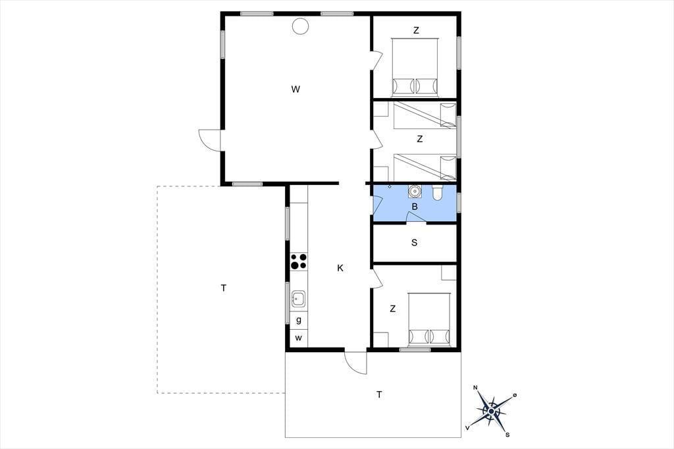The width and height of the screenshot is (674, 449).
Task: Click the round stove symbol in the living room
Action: [300, 26]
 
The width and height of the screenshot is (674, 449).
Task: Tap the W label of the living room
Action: [296, 90]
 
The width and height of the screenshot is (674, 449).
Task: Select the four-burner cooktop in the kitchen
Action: [299, 261]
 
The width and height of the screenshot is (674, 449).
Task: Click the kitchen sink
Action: [299, 298]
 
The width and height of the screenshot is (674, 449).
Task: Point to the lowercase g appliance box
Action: [299, 321]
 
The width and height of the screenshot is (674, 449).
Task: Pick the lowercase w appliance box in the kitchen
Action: [299, 338]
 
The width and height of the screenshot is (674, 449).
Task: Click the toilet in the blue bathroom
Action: [437, 193]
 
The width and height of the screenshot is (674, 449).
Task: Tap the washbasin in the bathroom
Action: [415, 190]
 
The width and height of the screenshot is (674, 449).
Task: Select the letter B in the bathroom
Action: [415, 207]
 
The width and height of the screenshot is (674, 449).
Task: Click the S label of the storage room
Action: [415, 242]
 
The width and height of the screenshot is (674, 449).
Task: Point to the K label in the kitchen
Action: [340, 269]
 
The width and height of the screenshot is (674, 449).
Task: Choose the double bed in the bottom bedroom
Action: [429, 319]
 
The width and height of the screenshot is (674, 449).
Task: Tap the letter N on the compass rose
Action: [475, 388]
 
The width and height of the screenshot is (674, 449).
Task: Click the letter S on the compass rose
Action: [507, 435]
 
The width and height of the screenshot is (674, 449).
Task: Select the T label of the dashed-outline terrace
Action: [224, 288]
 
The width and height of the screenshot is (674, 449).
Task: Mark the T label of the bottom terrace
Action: [379, 394]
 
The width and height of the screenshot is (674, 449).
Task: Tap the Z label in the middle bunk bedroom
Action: [419, 139]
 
